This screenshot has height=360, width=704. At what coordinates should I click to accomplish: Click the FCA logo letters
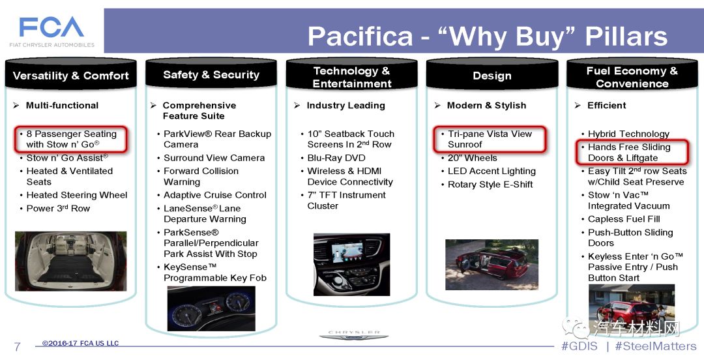[51, 27]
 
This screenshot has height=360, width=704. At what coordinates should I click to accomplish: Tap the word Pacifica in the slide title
[360, 37]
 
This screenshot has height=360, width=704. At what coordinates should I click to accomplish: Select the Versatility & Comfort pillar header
[71, 76]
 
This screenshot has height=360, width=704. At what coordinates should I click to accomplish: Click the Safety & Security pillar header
[211, 74]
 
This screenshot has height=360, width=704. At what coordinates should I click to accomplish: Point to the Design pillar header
[492, 76]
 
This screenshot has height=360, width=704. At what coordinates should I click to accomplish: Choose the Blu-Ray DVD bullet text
[336, 158]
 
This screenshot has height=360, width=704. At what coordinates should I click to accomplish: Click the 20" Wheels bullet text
[473, 158]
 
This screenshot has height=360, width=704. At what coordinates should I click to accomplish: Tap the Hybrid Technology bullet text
[628, 134]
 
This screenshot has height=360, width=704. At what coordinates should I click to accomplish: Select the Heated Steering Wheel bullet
[77, 195]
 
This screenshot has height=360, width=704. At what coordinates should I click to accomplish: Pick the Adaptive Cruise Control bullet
[215, 195]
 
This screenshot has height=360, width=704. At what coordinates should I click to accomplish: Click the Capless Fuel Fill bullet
[624, 219]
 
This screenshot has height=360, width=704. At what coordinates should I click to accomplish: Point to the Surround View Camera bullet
[214, 158]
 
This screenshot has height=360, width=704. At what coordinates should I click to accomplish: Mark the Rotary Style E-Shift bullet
[490, 185]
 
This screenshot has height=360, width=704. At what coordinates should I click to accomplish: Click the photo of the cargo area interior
[71, 261]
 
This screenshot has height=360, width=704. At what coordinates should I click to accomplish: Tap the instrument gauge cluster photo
[211, 308]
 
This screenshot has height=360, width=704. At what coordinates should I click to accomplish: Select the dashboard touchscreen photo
[351, 265]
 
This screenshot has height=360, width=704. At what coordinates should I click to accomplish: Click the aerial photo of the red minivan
[491, 265]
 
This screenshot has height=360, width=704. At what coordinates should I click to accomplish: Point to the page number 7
[18, 346]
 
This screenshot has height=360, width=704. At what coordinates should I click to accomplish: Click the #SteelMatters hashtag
[655, 346]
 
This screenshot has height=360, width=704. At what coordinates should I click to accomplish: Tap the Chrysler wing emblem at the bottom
[354, 335]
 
